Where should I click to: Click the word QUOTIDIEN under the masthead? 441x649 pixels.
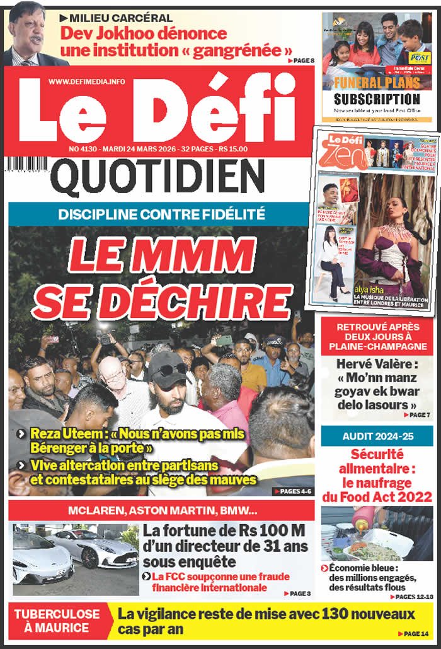pyautogui.click(x=157, y=176)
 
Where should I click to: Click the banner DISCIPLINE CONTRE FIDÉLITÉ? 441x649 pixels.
pyautogui.click(x=161, y=214)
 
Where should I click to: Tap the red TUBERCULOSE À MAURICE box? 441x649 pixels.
pyautogui.click(x=57, y=620)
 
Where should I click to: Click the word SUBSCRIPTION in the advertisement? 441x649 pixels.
pyautogui.click(x=377, y=99)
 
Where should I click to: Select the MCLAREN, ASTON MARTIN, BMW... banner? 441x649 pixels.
pyautogui.click(x=161, y=511)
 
